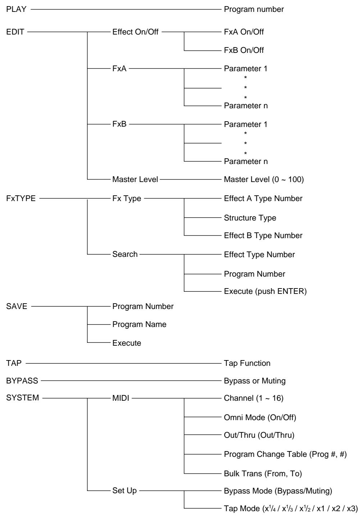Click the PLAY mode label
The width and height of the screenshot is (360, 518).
click(x=17, y=9)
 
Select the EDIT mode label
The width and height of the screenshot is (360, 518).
click(x=15, y=32)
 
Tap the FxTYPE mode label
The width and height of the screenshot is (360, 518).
click(x=21, y=198)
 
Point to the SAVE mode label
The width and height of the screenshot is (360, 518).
click(x=17, y=306)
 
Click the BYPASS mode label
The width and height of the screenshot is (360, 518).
click(x=22, y=381)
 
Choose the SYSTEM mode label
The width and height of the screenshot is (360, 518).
click(x=22, y=398)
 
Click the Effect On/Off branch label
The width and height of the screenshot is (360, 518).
click(x=135, y=32)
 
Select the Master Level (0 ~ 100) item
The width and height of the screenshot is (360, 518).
click(x=264, y=179)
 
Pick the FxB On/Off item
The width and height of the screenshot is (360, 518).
click(x=244, y=50)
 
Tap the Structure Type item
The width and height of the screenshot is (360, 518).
click(x=250, y=218)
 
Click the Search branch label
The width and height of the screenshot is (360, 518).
click(x=125, y=254)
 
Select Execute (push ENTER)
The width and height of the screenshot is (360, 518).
click(x=265, y=291)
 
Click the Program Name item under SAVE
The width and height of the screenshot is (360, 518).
click(x=139, y=324)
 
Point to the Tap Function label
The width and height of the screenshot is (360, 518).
click(x=247, y=363)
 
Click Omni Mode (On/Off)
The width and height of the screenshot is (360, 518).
click(x=260, y=417)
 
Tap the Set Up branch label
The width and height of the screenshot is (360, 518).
click(x=124, y=491)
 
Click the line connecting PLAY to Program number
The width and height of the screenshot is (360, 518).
click(x=126, y=9)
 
